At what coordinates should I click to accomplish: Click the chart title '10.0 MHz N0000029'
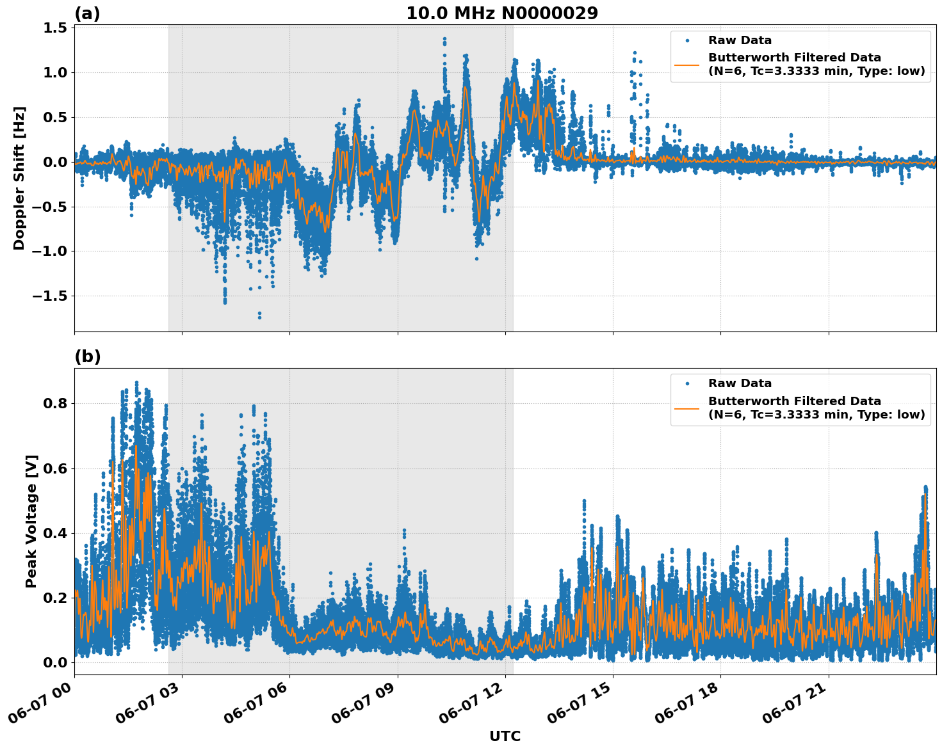click(502, 13)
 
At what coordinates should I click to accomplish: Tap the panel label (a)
click(87, 13)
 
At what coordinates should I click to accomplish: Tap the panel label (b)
click(87, 357)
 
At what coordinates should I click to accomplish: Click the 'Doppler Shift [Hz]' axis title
click(19, 178)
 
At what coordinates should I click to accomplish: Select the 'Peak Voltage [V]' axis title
click(31, 521)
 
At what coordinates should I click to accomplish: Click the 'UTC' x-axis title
click(505, 736)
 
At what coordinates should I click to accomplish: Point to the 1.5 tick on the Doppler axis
click(55, 28)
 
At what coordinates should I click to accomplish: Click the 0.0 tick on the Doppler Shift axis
click(55, 162)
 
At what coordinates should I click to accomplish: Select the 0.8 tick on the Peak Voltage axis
click(55, 404)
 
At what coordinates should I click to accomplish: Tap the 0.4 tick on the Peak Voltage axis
click(55, 533)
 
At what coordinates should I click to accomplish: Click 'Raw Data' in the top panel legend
click(740, 40)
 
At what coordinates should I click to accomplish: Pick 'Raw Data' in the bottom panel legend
click(740, 383)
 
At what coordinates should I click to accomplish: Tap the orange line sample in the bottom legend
click(687, 408)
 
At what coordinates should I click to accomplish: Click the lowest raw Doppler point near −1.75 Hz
click(259, 317)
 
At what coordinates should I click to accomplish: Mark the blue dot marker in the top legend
click(687, 40)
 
